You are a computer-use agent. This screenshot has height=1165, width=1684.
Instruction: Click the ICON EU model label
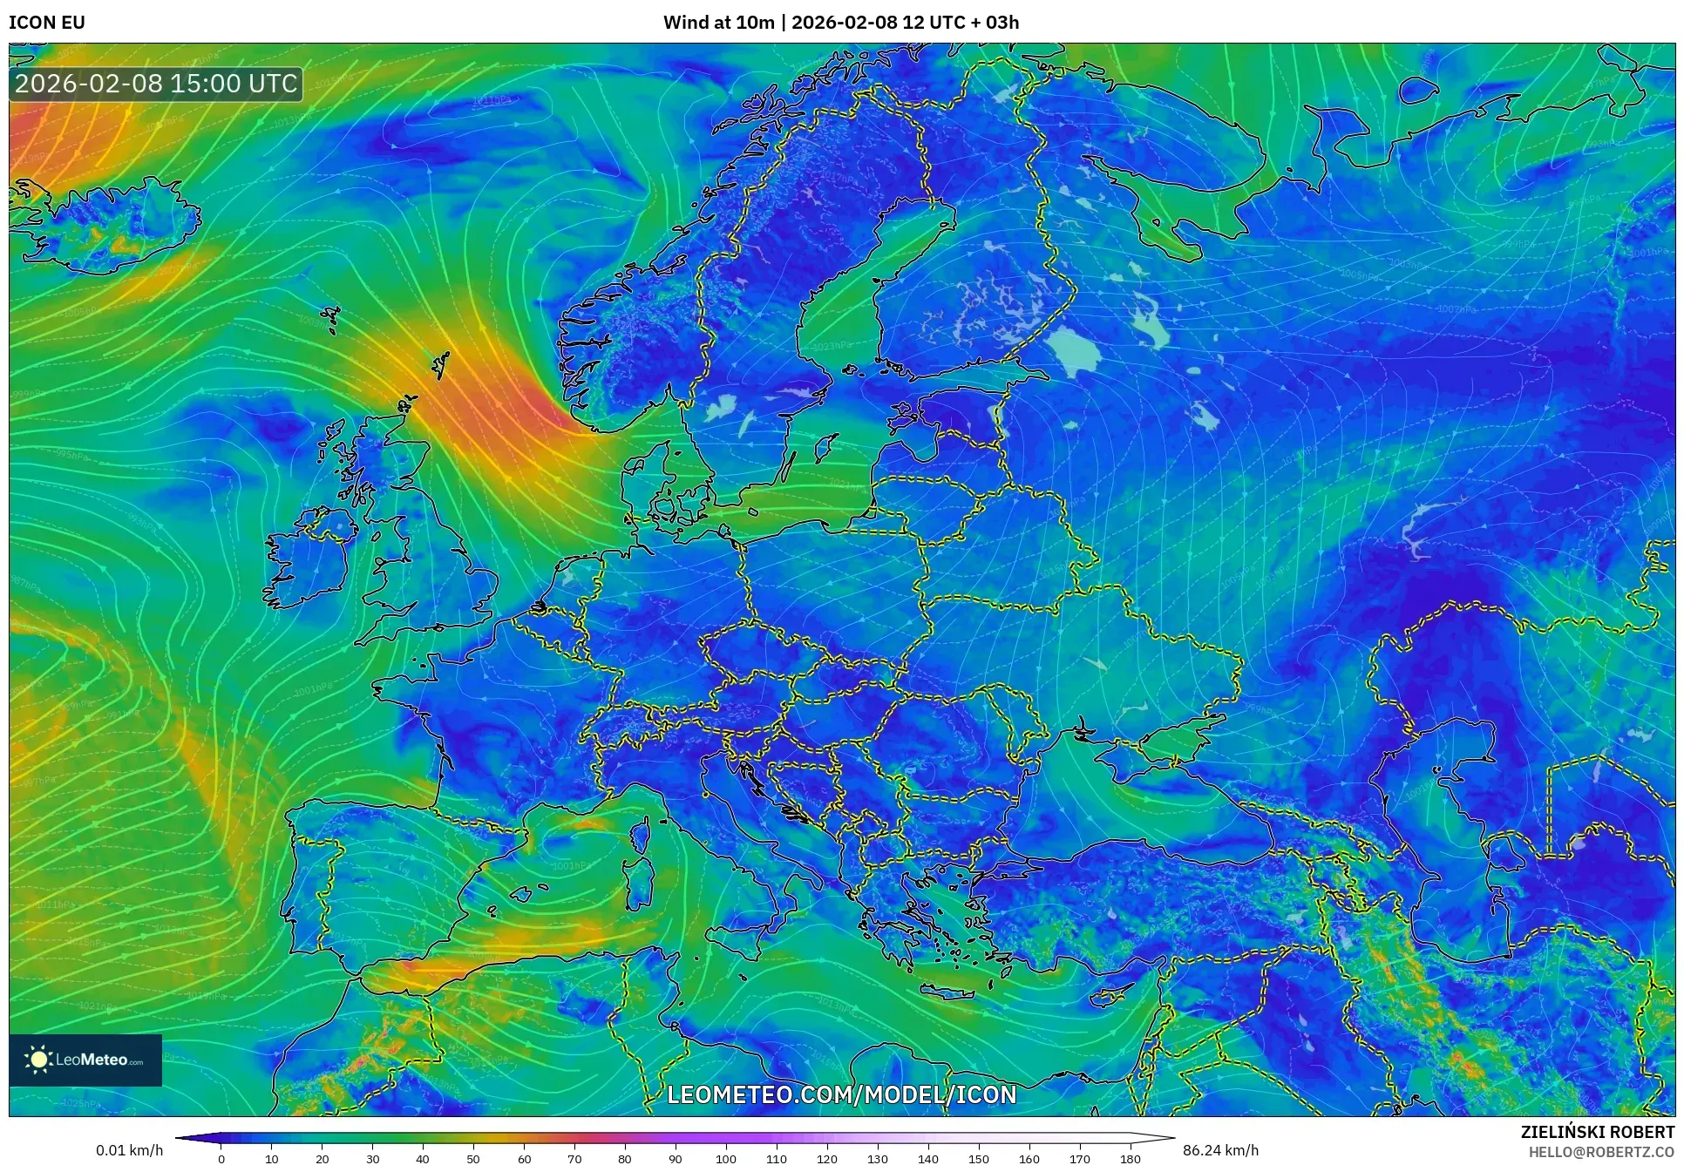[x=47, y=23]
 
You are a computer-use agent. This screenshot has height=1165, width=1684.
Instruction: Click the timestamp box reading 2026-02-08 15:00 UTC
[x=157, y=84]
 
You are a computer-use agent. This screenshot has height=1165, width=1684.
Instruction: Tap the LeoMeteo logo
[x=85, y=1060]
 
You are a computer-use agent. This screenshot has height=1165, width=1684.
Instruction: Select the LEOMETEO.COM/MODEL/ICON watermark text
[x=841, y=1094]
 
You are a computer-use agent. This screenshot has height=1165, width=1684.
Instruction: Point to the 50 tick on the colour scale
[x=473, y=1159]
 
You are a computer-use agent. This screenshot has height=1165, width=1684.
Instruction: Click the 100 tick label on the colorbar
[x=726, y=1159]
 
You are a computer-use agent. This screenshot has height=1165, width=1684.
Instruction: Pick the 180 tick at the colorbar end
[x=1130, y=1159]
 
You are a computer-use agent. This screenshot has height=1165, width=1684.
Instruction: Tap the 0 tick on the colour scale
[x=221, y=1159]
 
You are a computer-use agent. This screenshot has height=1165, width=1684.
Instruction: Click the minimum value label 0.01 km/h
[x=129, y=1150]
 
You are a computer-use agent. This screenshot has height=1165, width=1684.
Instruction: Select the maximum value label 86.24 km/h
[x=1220, y=1150]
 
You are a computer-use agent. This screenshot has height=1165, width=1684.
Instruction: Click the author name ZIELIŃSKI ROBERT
[x=1598, y=1133]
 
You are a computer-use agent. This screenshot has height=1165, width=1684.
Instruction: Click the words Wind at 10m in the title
[x=718, y=23]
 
